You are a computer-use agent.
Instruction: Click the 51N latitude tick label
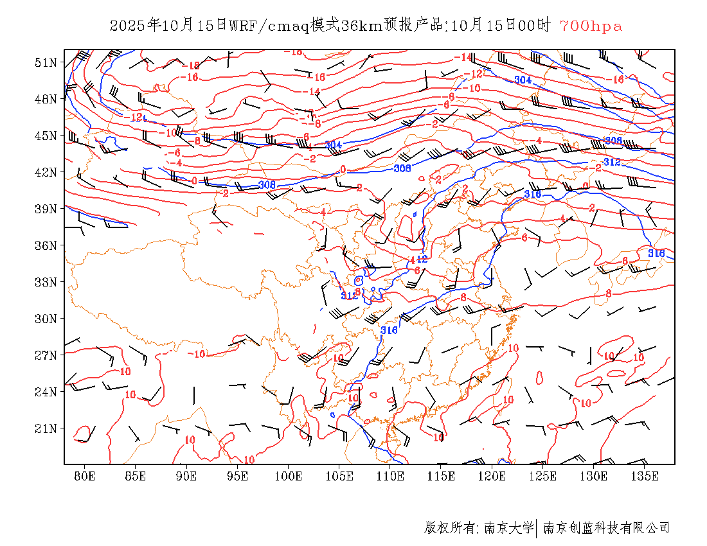(46, 62)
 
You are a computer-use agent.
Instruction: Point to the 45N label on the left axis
(46, 136)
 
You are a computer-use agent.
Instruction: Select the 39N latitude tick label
(46, 209)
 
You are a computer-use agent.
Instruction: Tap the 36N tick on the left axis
(46, 245)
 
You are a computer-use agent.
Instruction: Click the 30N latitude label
(46, 319)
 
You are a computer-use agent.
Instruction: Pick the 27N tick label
(46, 355)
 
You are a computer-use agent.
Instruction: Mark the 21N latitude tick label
(46, 428)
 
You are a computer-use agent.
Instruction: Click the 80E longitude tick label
(85, 476)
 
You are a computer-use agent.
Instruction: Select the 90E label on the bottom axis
(186, 476)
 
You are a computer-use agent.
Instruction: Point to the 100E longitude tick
(289, 476)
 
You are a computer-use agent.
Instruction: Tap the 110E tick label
(390, 476)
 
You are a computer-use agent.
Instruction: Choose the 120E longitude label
(492, 476)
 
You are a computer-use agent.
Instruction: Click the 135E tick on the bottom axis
(645, 476)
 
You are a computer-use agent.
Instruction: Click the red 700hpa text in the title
(591, 26)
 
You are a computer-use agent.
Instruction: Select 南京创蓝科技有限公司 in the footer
(606, 528)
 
